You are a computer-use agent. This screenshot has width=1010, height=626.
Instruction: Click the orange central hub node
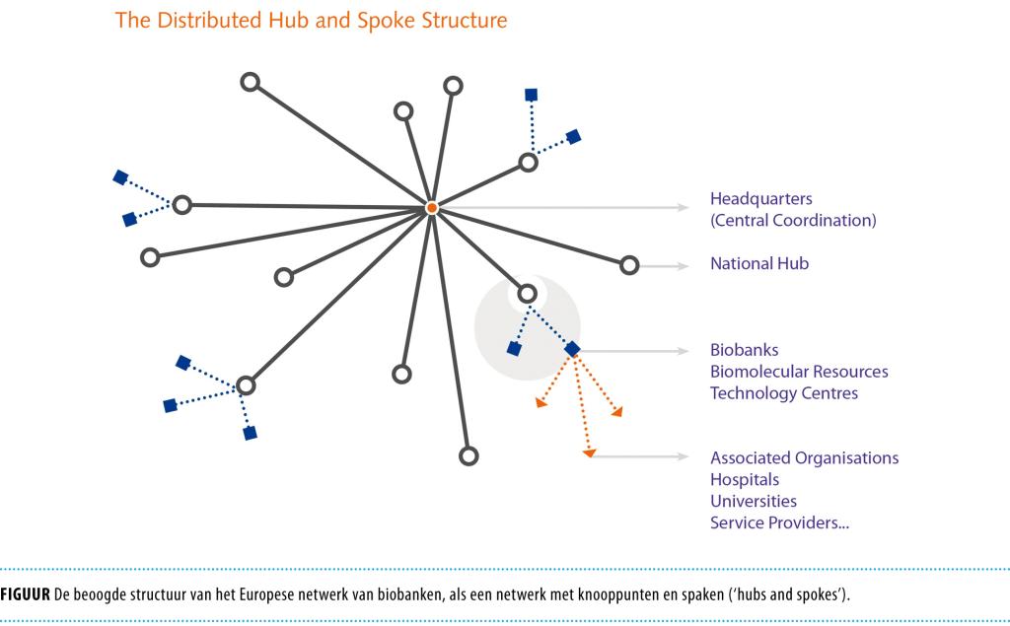pyautogui.click(x=431, y=208)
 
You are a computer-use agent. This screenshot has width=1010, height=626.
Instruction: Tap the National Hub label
pyautogui.click(x=759, y=264)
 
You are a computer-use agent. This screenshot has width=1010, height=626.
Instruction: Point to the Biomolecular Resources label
pyautogui.click(x=799, y=372)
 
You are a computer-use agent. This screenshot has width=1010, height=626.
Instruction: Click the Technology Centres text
pyautogui.click(x=784, y=393)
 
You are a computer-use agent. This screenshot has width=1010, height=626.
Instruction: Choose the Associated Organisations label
pyautogui.click(x=804, y=457)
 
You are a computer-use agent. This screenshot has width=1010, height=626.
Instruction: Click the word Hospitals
pyautogui.click(x=745, y=479)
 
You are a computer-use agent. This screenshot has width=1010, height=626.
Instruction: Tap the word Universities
pyautogui.click(x=754, y=501)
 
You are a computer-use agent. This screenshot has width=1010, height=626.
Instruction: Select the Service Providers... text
pyautogui.click(x=779, y=522)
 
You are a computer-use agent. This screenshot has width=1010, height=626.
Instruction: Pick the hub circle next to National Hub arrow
pyautogui.click(x=629, y=264)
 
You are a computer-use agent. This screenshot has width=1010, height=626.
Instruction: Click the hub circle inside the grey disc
pyautogui.click(x=527, y=293)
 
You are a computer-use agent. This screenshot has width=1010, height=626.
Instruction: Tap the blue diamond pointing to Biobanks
pyautogui.click(x=571, y=349)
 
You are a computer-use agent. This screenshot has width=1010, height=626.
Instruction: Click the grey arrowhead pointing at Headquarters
pyautogui.click(x=683, y=207)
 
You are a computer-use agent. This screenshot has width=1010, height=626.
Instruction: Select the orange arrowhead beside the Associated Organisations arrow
pyautogui.click(x=589, y=453)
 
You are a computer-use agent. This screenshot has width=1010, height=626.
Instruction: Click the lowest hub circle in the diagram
pyautogui.click(x=469, y=455)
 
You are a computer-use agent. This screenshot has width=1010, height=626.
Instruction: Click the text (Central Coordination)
pyautogui.click(x=793, y=221)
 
